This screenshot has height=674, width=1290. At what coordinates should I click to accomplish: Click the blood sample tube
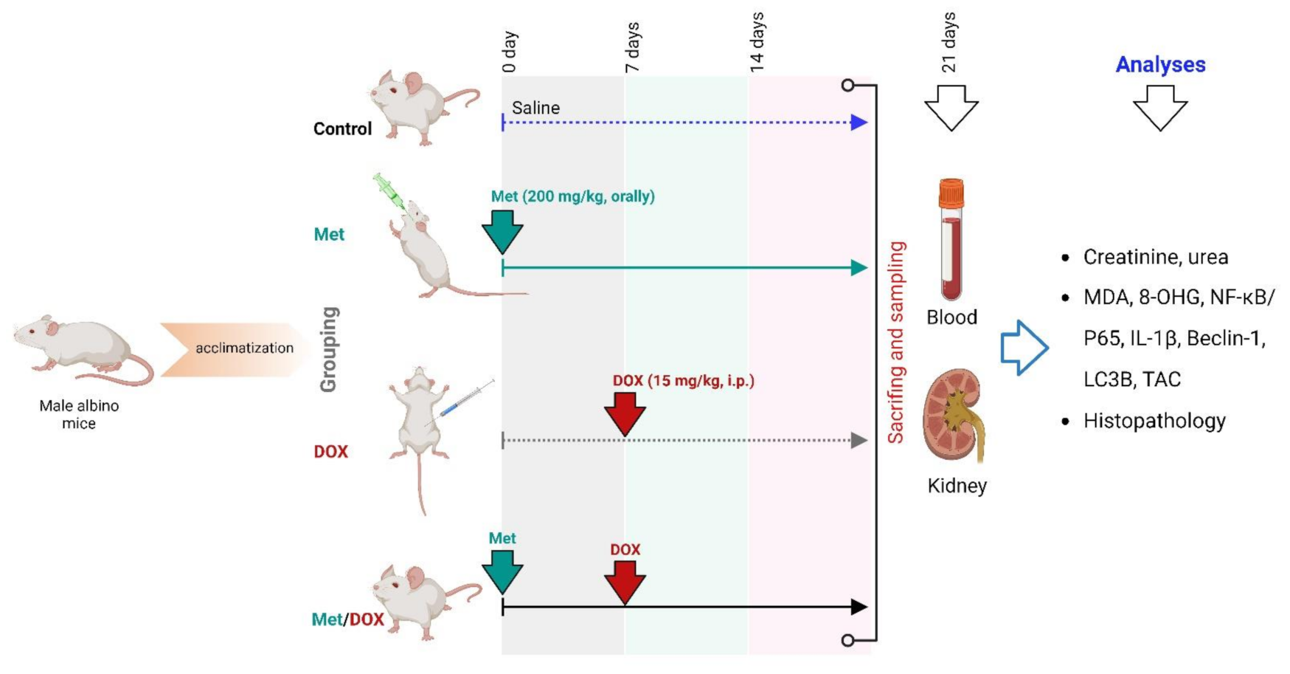coord(951,239)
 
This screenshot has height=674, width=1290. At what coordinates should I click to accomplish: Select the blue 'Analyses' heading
coord(1160,65)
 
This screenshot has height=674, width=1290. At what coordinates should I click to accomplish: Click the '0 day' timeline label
coord(510,52)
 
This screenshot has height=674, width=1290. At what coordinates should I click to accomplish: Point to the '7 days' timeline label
coord(633,47)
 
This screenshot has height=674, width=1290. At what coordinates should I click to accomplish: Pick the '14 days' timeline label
coord(757,42)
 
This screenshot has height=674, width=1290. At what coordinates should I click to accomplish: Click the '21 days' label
coord(949,42)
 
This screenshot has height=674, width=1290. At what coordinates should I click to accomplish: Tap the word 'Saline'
coord(535,108)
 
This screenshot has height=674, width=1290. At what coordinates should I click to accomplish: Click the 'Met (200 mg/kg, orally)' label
coord(573,196)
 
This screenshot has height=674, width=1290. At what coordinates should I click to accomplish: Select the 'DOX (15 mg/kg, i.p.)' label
coord(684,381)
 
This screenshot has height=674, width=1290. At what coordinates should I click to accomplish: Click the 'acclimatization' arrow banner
coord(236,348)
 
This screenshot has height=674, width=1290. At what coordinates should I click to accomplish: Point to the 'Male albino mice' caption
coord(79,414)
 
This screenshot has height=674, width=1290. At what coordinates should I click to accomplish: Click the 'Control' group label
coord(342,129)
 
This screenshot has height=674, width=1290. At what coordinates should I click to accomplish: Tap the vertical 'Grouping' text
coord(329,349)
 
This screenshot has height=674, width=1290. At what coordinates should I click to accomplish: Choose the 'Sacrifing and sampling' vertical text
coord(896,342)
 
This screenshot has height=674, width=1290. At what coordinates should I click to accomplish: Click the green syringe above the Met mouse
coord(389,191)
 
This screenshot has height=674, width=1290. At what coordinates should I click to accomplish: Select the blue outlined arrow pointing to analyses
coord(1024,348)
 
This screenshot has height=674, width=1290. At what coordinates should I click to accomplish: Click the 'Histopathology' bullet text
coord(1154,421)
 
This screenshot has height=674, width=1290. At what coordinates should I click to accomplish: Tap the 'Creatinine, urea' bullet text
coord(1155,257)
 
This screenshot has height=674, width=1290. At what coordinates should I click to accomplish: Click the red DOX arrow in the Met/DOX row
coord(625,580)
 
